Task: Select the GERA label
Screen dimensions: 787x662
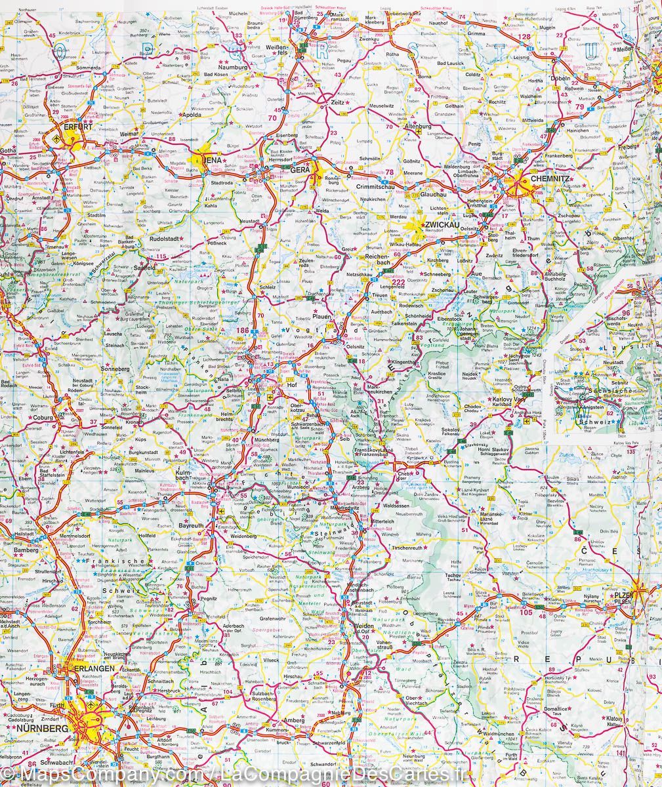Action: pyautogui.click(x=300, y=169)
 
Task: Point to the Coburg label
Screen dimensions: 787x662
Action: pyautogui.click(x=45, y=417)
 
